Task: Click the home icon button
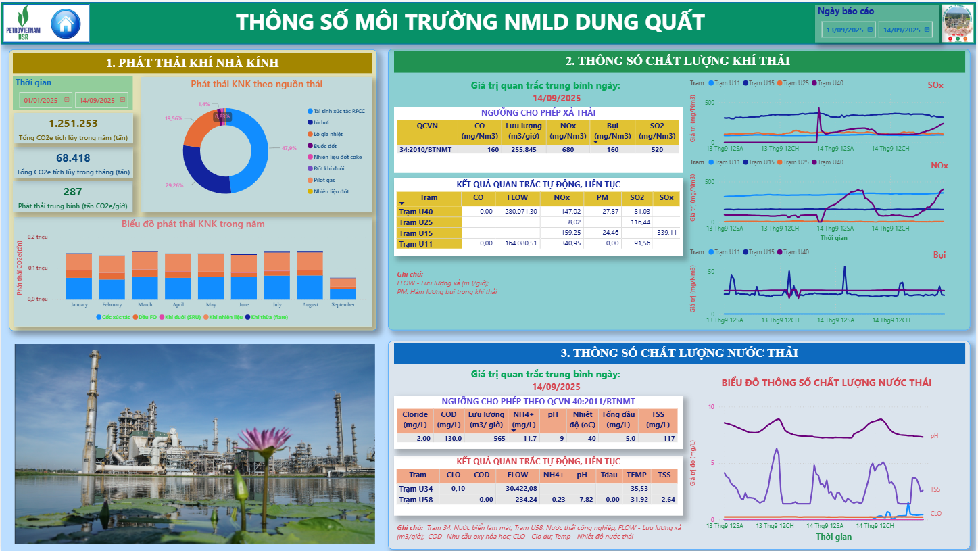pyautogui.click(x=66, y=24)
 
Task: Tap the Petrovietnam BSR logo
pyautogui.click(x=23, y=24)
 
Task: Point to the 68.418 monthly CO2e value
pyautogui.click(x=73, y=158)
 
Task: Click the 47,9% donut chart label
pyautogui.click(x=289, y=148)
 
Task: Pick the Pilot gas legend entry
pyautogui.click(x=325, y=180)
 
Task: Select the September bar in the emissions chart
pyautogui.click(x=343, y=289)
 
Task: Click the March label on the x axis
pyautogui.click(x=145, y=305)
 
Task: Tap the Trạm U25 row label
pyautogui.click(x=416, y=222)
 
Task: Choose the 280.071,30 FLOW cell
pyautogui.click(x=517, y=212)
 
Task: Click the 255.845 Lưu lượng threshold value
pyautogui.click(x=523, y=149)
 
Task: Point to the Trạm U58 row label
pyautogui.click(x=416, y=500)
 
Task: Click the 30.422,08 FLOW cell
pyautogui.click(x=520, y=489)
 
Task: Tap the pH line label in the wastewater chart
pyautogui.click(x=934, y=436)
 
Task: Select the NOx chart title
pyautogui.click(x=939, y=166)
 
